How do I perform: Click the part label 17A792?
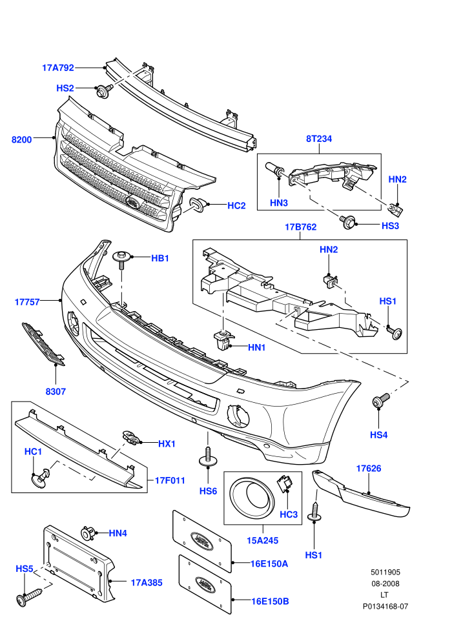tap(58, 68)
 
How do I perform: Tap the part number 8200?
tap(21, 140)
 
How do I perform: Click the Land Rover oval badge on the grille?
tap(133, 202)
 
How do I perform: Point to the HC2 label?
tap(236, 206)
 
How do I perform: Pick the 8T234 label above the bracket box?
tap(319, 139)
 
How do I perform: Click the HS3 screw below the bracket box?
tap(347, 222)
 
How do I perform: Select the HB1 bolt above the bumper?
tap(121, 259)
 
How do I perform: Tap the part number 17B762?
tap(300, 227)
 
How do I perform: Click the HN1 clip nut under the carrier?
tap(223, 340)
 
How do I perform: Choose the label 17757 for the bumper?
tap(27, 302)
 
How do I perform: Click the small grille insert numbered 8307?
tap(43, 345)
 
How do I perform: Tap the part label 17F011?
tap(170, 480)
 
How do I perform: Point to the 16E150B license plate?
tap(205, 585)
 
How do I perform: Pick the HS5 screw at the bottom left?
tap(29, 596)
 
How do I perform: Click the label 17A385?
tap(147, 583)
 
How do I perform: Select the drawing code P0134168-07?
tap(385, 606)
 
